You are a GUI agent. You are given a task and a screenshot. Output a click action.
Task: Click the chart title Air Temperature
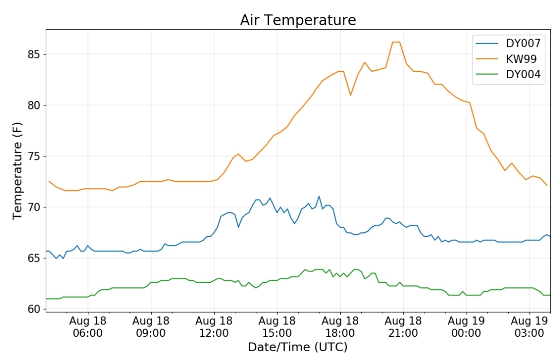click(x=298, y=20)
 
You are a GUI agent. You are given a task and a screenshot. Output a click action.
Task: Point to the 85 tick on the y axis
click(x=34, y=55)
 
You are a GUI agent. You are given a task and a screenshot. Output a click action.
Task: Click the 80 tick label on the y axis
click(x=34, y=105)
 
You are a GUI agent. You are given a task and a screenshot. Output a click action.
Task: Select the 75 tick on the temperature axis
click(x=34, y=156)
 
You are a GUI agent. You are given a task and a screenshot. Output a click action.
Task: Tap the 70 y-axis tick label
click(x=34, y=207)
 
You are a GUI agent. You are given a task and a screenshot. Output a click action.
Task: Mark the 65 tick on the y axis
click(x=34, y=258)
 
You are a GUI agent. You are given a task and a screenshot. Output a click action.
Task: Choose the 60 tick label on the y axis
click(x=34, y=309)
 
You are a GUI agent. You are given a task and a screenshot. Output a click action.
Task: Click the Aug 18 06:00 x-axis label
click(x=88, y=327)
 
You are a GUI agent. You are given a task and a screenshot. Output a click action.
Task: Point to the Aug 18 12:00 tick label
click(x=214, y=327)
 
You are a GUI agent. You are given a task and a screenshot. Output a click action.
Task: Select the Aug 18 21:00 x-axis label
click(x=403, y=327)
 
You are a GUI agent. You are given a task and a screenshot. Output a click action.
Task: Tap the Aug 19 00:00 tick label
click(x=466, y=327)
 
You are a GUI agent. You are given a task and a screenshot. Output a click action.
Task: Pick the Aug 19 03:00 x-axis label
click(x=529, y=327)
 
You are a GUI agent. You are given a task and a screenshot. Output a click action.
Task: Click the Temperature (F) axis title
click(x=17, y=171)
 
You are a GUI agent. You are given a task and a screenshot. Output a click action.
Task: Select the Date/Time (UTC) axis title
click(x=298, y=347)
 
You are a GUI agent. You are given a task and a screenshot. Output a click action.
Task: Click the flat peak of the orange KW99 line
click(x=396, y=42)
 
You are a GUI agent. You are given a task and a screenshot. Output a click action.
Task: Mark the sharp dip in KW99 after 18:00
click(x=350, y=95)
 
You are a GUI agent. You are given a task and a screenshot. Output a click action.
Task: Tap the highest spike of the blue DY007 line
click(x=319, y=196)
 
